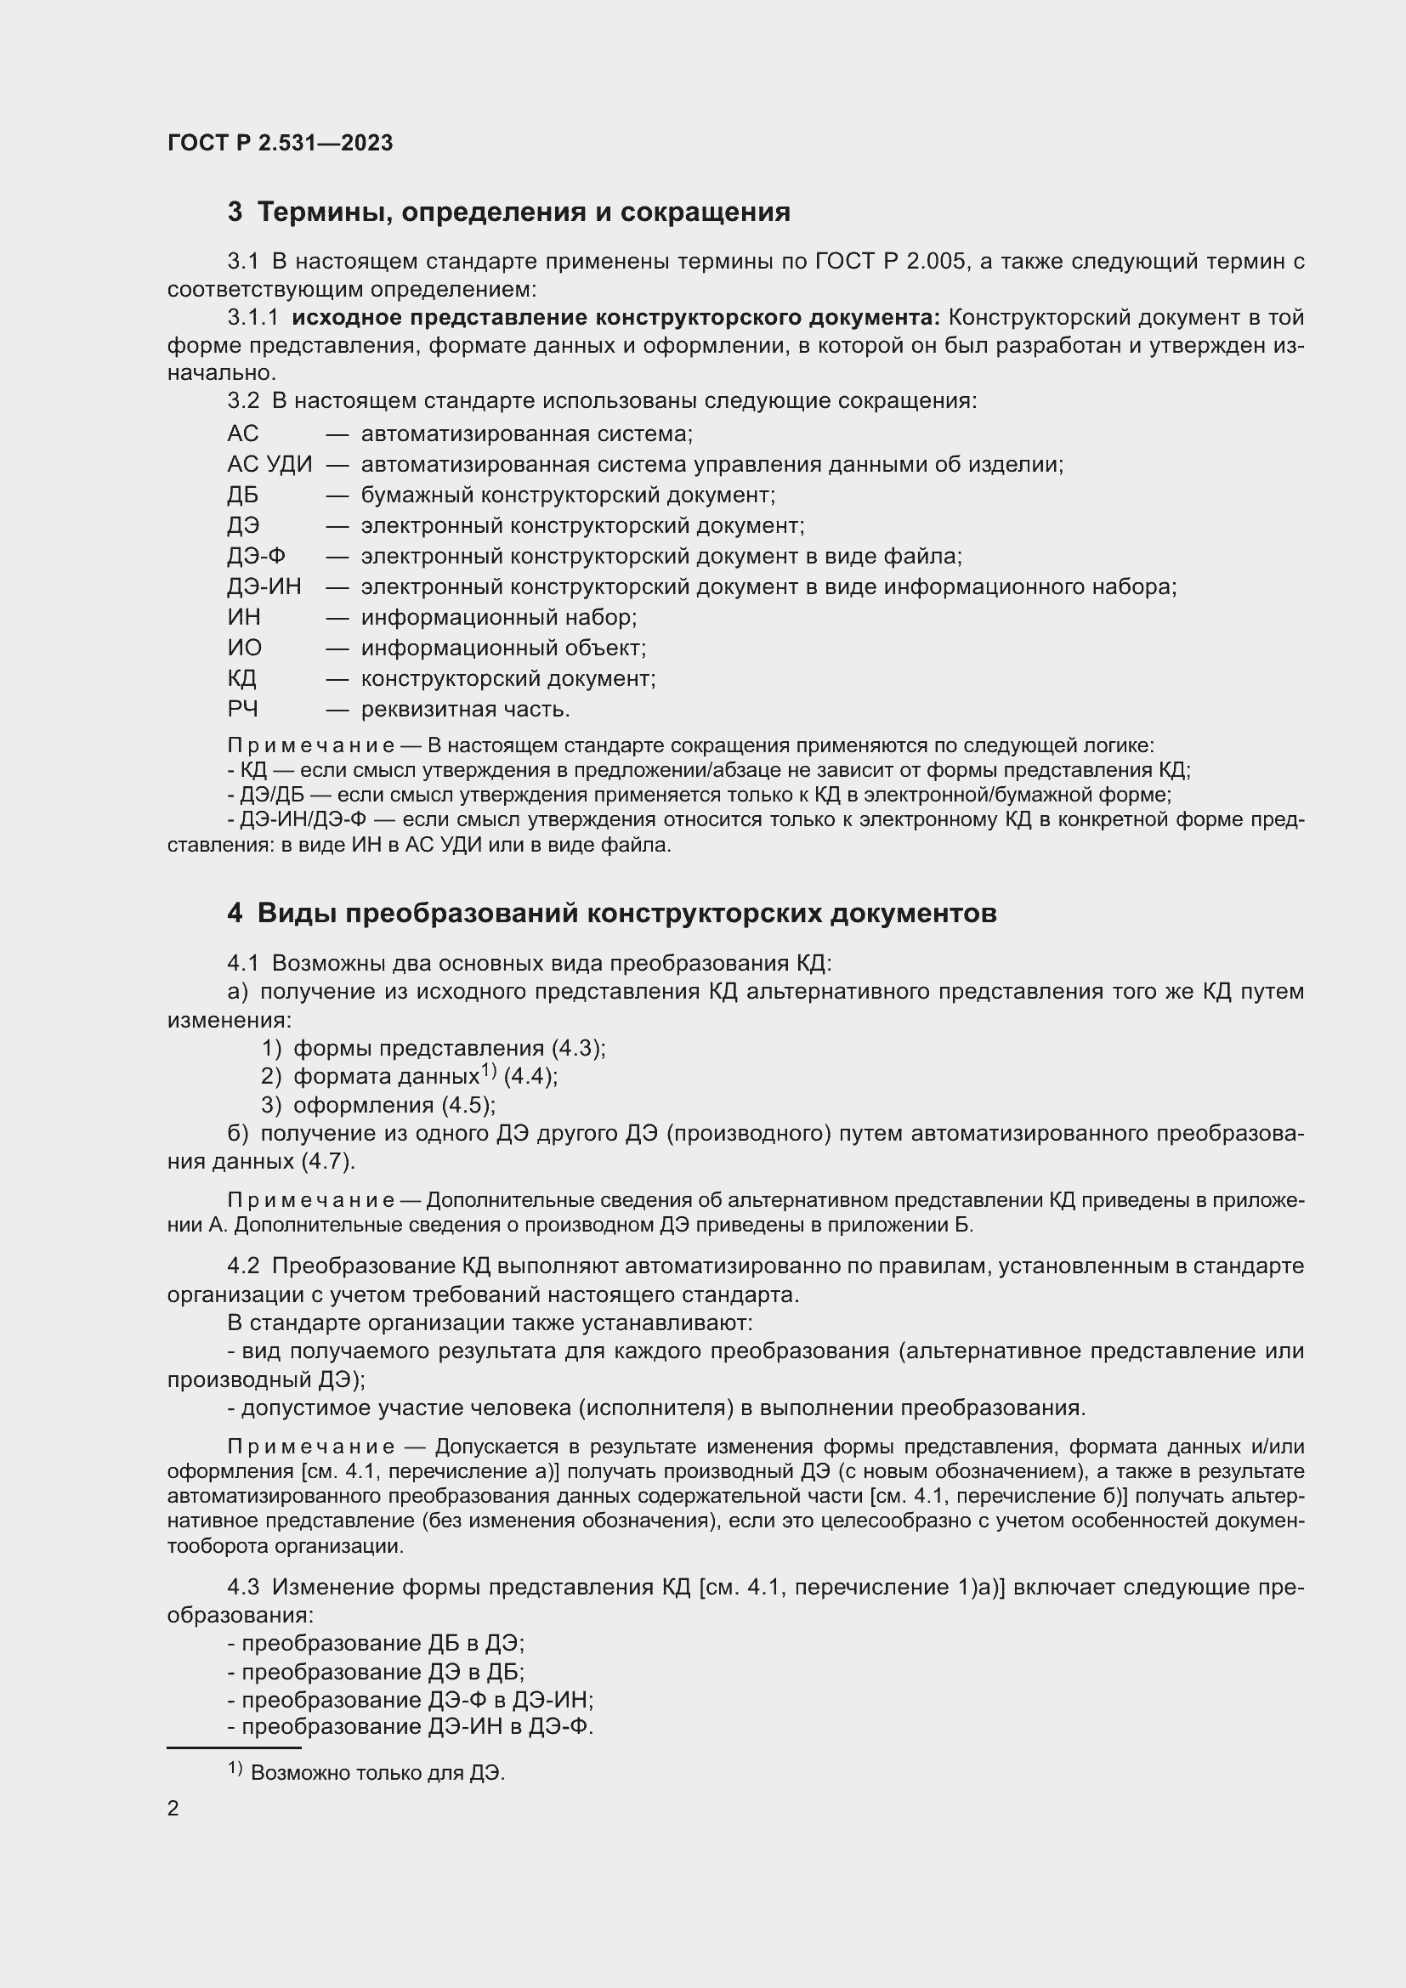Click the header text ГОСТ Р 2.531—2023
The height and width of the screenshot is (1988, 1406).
280,143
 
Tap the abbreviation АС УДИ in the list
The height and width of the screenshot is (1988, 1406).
269,465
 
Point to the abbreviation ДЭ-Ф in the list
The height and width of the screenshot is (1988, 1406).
256,556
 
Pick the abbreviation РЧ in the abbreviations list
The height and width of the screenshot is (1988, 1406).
242,709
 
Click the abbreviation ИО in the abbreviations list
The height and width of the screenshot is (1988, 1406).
244,648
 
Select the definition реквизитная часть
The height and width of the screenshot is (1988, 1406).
465,709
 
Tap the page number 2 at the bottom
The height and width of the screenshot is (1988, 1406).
173,1808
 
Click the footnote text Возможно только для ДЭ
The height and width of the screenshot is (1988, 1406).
377,1772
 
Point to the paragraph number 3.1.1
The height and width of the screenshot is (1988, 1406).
252,318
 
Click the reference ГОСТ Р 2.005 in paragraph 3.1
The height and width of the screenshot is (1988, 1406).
890,262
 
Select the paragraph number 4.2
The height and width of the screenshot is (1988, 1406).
243,1266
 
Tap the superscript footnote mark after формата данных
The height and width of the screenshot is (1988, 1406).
489,1071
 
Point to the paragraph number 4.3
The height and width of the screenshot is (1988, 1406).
243,1587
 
